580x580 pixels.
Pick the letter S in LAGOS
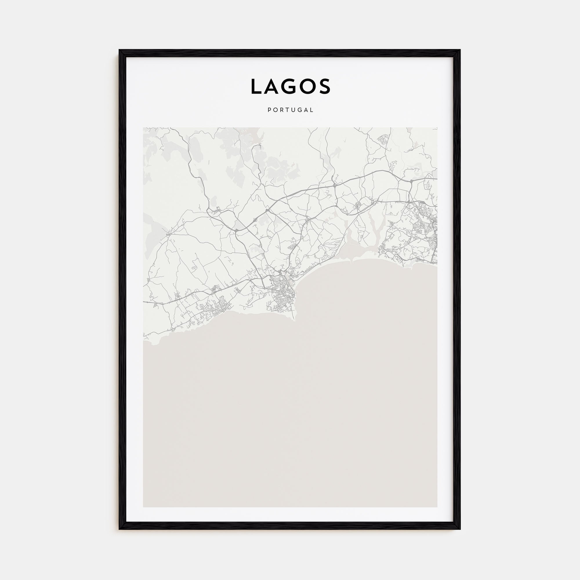pyautogui.click(x=325, y=87)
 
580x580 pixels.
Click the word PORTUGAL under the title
pyautogui.click(x=290, y=110)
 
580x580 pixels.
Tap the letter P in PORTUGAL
pyautogui.click(x=269, y=110)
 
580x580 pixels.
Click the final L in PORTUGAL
pyautogui.click(x=312, y=110)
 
